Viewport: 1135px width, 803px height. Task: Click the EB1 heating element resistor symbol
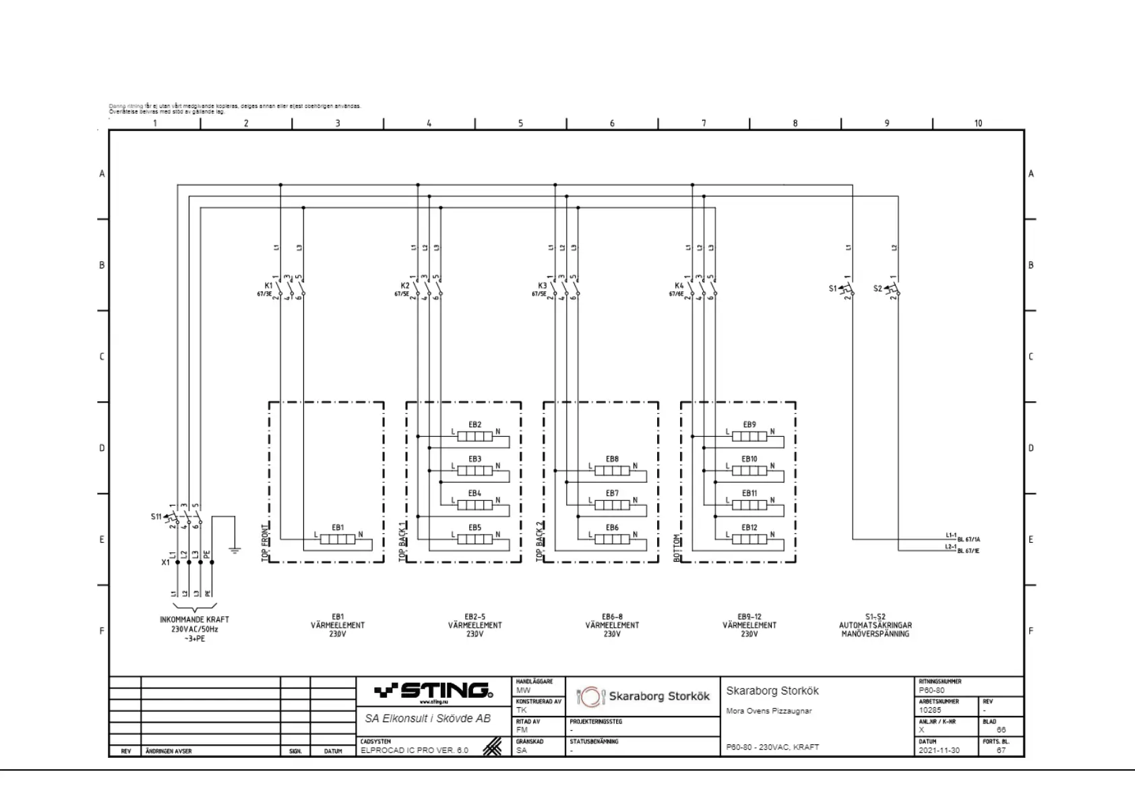337,539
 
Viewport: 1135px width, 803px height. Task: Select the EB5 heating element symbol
474,539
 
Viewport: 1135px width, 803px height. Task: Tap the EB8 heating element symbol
612,471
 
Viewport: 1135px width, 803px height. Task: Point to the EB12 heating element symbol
749,539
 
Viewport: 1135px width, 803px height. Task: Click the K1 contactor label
268,286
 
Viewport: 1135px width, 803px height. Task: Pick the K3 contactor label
542,286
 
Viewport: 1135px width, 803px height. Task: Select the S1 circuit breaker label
833,289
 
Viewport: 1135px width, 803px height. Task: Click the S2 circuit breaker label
878,289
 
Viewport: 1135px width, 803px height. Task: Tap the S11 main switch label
156,517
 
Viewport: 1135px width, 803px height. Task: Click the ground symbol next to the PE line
235,550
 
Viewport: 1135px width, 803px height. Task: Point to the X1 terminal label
165,562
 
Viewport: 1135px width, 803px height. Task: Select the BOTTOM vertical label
677,548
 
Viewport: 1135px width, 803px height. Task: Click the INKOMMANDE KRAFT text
194,620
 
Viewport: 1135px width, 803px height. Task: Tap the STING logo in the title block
433,691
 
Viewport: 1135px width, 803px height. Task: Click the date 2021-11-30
939,750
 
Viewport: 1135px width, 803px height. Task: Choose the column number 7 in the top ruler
704,123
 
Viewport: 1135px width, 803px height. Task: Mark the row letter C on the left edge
102,357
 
